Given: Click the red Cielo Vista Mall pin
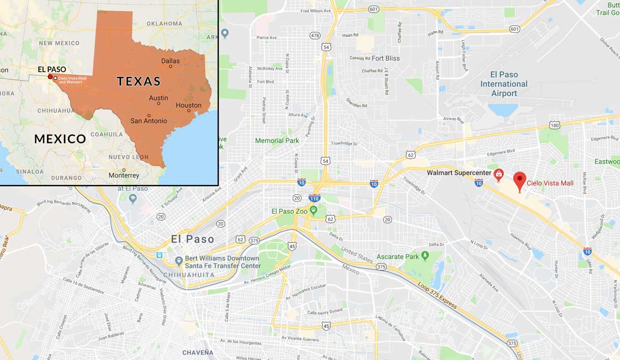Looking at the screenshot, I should (x=519, y=180).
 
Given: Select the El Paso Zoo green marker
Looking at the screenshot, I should (x=313, y=210).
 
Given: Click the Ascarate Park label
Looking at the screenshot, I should (x=397, y=256).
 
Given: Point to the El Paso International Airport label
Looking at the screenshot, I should (x=504, y=84).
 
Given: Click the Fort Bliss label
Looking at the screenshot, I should (x=385, y=58).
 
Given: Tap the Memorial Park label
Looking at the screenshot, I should (x=277, y=141).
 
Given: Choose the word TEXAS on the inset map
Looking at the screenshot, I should (x=138, y=81).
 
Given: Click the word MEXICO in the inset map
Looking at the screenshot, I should (x=60, y=139).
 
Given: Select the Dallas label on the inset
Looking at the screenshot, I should (x=170, y=61).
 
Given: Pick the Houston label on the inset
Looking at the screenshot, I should (x=188, y=105).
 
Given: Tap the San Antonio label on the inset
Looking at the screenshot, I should (x=148, y=121).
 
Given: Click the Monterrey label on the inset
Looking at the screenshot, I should (x=124, y=175).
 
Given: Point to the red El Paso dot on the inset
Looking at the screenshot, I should (x=50, y=77).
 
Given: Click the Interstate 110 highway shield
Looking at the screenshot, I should (x=314, y=198).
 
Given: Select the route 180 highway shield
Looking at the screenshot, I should (x=554, y=125).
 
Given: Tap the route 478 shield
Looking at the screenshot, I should (x=315, y=35).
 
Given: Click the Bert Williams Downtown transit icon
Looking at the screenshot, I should (x=178, y=261).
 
